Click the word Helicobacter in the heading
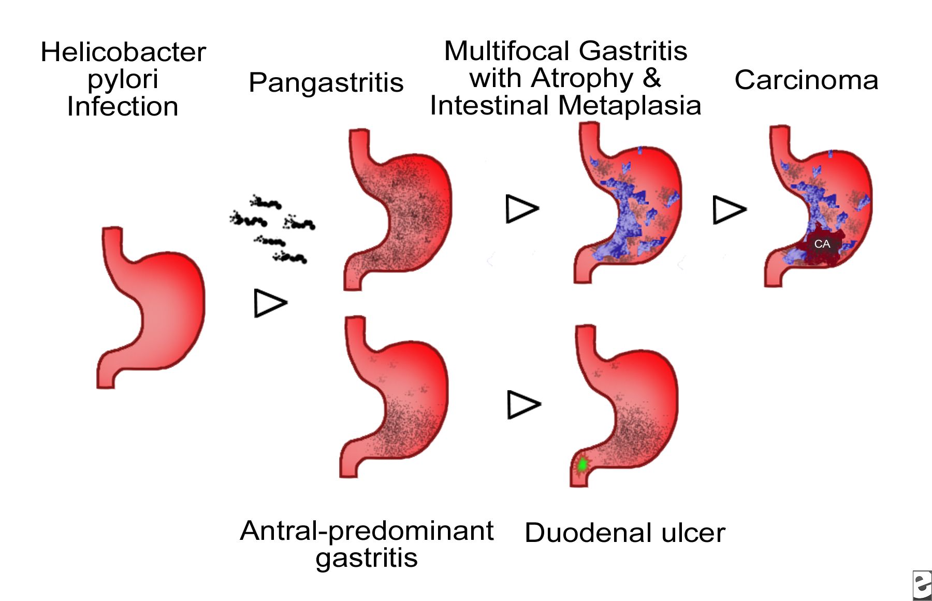coord(123,52)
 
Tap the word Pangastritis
coord(326,82)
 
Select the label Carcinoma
coord(806,80)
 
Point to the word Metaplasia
coord(630,106)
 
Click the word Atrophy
coord(582,78)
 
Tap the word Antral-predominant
coord(367,531)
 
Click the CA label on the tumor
coord(822,244)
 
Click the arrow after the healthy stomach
coord(270,303)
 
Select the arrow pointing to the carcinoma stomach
coord(729,210)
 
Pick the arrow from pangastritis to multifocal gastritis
coord(521,209)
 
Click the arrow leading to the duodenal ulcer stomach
coord(523,405)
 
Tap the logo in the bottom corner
coord(921,585)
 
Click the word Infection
coord(123,107)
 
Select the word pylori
coord(123,79)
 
